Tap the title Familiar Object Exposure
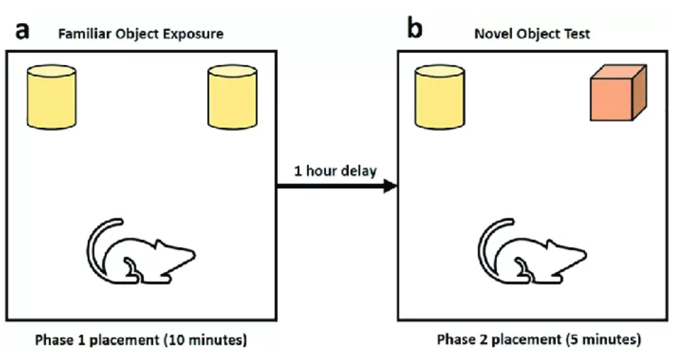140,33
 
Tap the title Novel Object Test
532,33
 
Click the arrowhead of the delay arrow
390,187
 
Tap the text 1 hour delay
334,171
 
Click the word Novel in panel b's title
492,33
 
